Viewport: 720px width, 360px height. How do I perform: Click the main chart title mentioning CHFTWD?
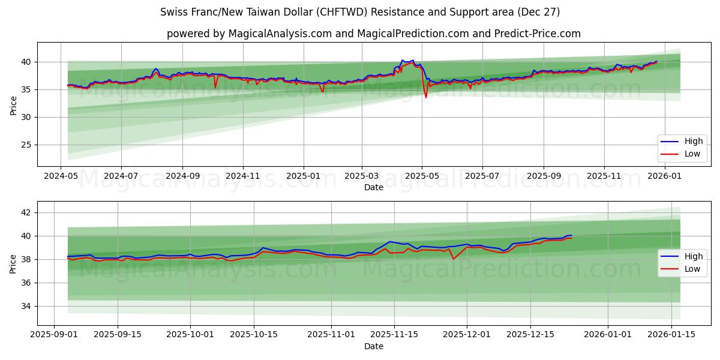pyautogui.click(x=360, y=12)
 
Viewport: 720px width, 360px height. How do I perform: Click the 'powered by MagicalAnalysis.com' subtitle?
pyautogui.click(x=373, y=34)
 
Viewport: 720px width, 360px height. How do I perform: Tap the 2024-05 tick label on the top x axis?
pyautogui.click(x=61, y=176)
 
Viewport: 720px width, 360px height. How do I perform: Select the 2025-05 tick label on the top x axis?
pyautogui.click(x=422, y=176)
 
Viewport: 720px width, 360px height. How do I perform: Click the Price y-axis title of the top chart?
pyautogui.click(x=13, y=104)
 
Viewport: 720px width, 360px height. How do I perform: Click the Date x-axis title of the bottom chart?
pyautogui.click(x=373, y=346)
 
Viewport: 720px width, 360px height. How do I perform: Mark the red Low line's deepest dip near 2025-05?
pyautogui.click(x=426, y=98)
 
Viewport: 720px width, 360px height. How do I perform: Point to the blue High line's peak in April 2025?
pyautogui.click(x=402, y=60)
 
